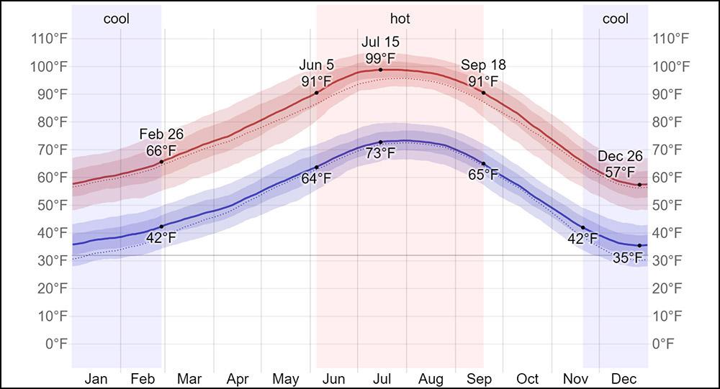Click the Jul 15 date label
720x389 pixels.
click(x=380, y=42)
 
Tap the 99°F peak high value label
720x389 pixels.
click(x=380, y=58)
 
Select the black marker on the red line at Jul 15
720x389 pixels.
click(x=380, y=70)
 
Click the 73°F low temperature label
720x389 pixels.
click(x=380, y=153)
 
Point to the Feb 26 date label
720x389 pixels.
click(x=161, y=134)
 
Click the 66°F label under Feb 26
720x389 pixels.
click(x=161, y=150)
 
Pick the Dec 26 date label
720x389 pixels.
click(x=620, y=157)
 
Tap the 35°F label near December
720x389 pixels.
click(x=627, y=257)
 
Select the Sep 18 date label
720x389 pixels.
click(x=483, y=65)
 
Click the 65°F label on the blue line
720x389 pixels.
click(x=483, y=175)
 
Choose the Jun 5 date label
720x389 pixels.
click(x=316, y=66)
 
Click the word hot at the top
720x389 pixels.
click(x=400, y=19)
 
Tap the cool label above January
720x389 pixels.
click(x=117, y=19)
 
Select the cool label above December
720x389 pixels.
click(x=615, y=19)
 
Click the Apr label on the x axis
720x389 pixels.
click(x=238, y=379)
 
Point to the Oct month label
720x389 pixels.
click(x=527, y=379)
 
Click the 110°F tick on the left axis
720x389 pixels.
click(x=50, y=39)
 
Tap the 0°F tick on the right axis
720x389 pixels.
click(x=663, y=344)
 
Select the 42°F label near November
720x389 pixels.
click(x=582, y=239)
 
